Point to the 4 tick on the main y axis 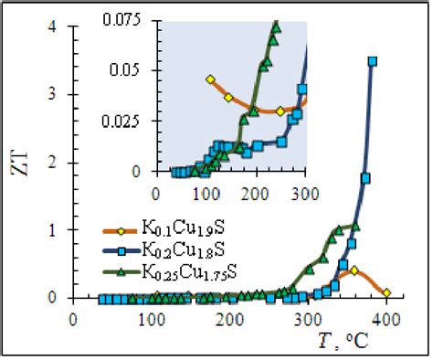[x=58, y=26]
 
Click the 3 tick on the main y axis [x=58, y=94]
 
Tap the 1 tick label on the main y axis [x=58, y=230]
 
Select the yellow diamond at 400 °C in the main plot [x=386, y=292]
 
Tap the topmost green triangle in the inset [x=275, y=26]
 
